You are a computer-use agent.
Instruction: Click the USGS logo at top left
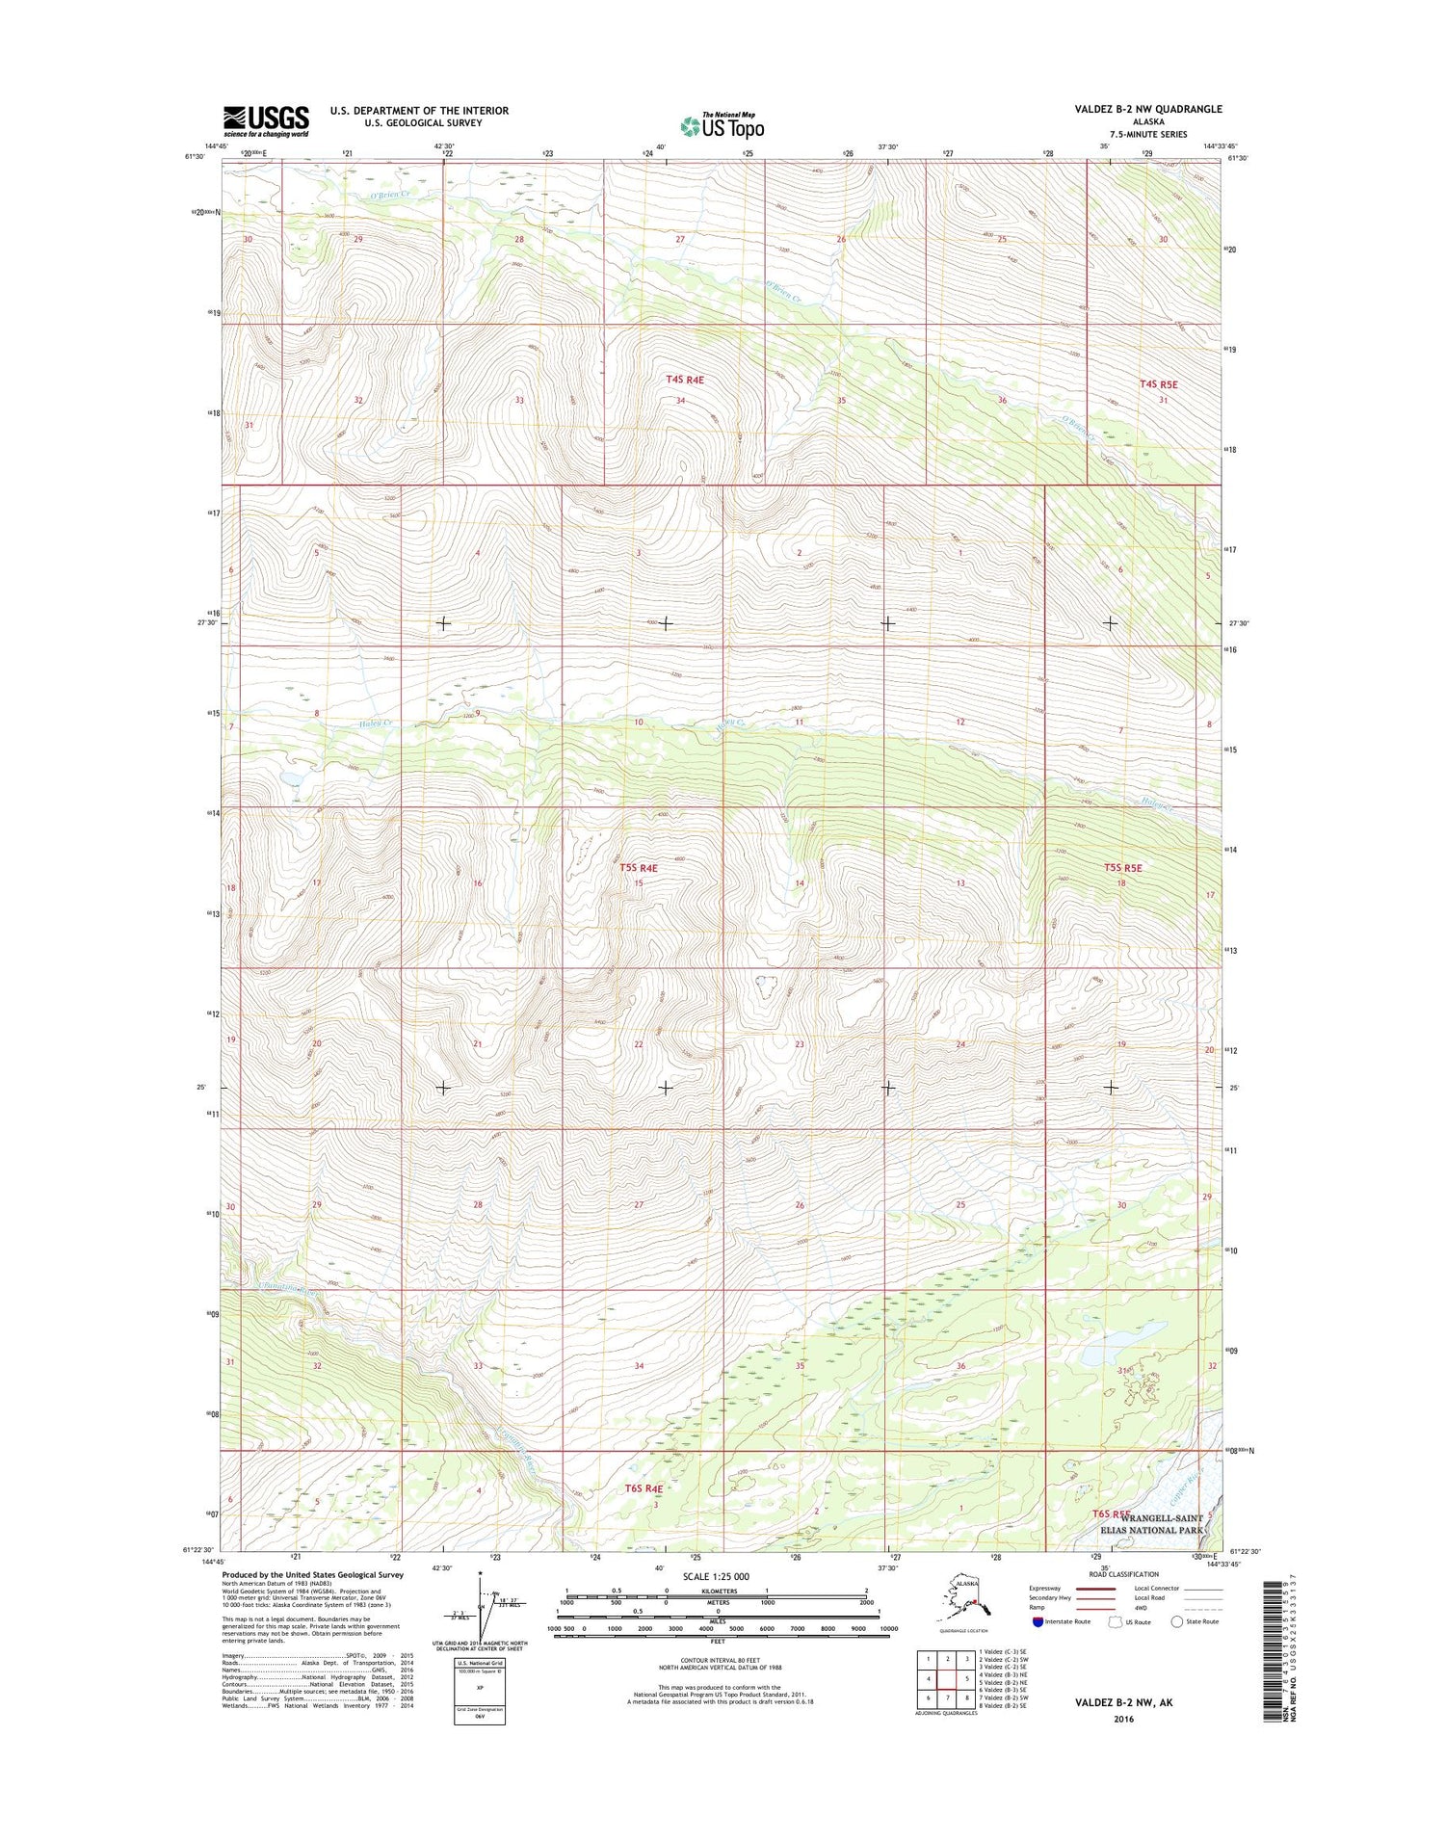pyautogui.click(x=266, y=120)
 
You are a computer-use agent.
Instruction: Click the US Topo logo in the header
pyautogui.click(x=722, y=125)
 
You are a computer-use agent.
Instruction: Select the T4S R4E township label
pyautogui.click(x=685, y=380)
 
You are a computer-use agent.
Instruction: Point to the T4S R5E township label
pyautogui.click(x=1158, y=384)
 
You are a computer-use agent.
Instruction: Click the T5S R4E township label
pyautogui.click(x=638, y=868)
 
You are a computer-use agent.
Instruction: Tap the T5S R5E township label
pyautogui.click(x=1122, y=868)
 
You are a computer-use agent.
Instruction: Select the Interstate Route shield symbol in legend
pyautogui.click(x=1038, y=1621)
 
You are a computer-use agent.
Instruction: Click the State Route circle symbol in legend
pyautogui.click(x=1176, y=1621)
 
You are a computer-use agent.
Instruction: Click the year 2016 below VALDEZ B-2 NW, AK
pyautogui.click(x=1123, y=1719)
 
